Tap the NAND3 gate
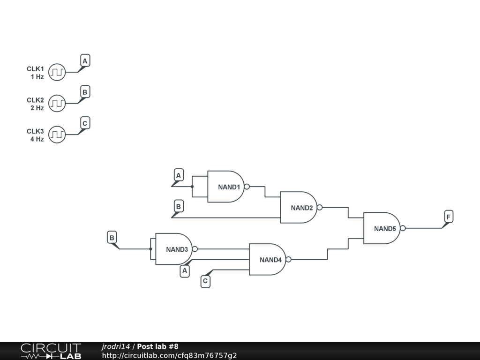(174, 249)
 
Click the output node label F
(449, 217)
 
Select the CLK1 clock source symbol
(57, 72)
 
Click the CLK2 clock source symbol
(57, 103)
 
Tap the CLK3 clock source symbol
(57, 135)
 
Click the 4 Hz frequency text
(37, 139)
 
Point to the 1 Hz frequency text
(37, 77)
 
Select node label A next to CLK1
(85, 61)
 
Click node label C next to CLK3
(85, 123)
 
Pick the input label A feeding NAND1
(178, 175)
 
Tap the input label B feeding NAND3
(112, 238)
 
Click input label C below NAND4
(205, 281)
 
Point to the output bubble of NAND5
(403, 228)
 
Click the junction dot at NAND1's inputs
(192, 187)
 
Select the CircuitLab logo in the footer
(51, 351)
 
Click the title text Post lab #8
(157, 346)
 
